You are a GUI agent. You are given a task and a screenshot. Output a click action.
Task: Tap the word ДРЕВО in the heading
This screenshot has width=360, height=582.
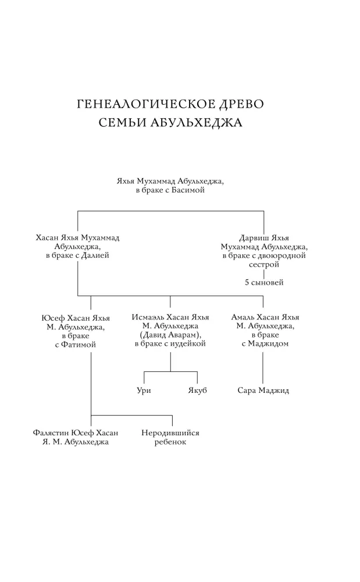241,104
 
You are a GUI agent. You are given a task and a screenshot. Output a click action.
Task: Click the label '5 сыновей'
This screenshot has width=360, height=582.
264,282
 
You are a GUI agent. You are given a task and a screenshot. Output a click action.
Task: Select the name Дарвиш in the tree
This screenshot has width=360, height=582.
254,238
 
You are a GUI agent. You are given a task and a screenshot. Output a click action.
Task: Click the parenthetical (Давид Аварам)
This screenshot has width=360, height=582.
170,335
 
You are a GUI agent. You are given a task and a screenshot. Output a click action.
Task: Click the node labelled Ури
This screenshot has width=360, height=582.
144,391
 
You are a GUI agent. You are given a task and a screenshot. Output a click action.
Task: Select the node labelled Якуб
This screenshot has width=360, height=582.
197,391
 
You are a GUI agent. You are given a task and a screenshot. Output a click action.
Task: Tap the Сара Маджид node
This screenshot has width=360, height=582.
263,391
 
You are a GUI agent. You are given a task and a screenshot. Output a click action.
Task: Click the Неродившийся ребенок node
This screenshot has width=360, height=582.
170,437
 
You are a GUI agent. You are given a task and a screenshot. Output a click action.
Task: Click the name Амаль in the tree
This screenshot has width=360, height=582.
243,317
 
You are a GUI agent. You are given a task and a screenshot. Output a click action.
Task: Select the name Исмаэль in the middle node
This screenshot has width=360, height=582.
148,317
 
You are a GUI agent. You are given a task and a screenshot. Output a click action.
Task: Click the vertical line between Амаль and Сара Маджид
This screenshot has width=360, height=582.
263,368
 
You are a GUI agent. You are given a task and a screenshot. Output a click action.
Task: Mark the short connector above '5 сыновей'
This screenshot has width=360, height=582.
264,274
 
